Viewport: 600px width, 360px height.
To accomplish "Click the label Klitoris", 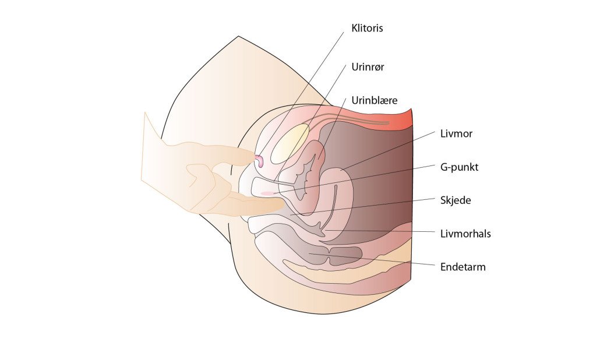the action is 367,29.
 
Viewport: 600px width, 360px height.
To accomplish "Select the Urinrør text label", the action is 368,67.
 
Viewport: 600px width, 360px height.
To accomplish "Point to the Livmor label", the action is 456,133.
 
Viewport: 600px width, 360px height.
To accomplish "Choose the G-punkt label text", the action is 459,167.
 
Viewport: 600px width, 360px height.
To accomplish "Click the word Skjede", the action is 456,200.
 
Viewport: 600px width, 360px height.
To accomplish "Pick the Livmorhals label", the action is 465,234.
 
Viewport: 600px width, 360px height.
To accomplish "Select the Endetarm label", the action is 463,267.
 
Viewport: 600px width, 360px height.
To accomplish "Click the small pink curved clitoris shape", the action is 259,161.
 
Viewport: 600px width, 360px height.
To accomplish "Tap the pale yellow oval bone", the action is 290,144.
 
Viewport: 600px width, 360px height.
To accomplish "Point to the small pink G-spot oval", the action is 267,193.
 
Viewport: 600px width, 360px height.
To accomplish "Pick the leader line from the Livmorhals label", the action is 380,231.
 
